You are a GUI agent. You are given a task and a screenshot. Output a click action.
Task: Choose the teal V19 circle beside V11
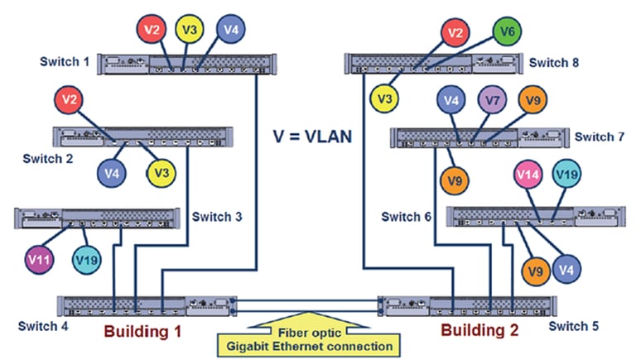[x=86, y=260]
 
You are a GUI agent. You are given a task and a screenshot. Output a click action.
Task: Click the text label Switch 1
[x=64, y=61]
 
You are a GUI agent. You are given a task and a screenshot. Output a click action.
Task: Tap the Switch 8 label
[x=554, y=61]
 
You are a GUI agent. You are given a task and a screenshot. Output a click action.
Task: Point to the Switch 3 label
[x=217, y=218]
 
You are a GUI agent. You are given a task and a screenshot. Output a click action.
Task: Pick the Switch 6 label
[x=407, y=217]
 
